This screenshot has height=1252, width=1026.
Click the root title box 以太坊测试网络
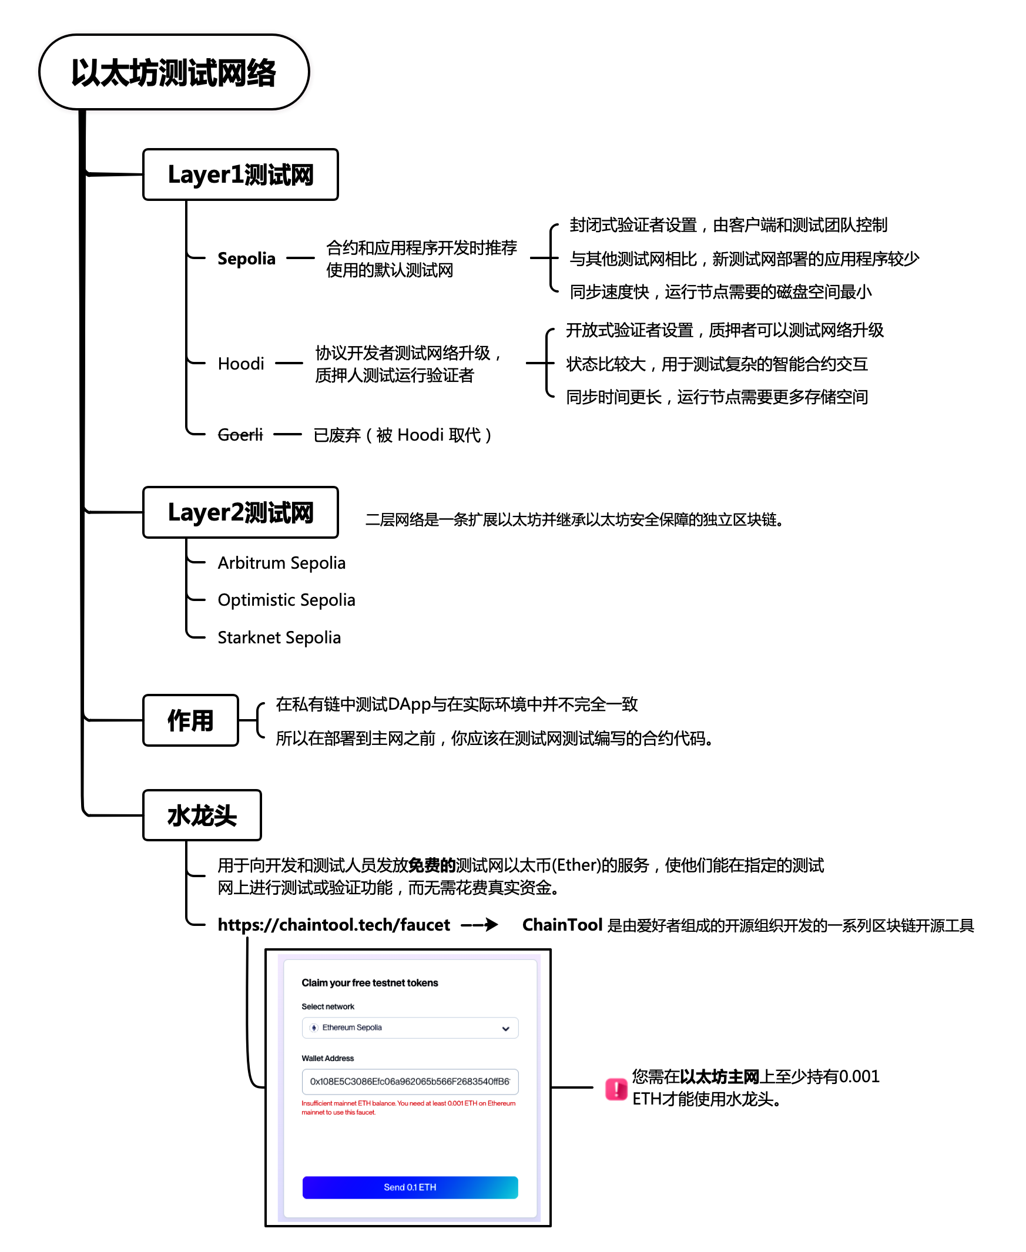174,72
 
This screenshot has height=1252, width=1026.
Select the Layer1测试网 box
240,175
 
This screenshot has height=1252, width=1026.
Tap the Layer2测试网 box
240,512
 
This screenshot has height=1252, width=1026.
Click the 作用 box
190,720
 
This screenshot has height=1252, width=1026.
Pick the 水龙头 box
202,815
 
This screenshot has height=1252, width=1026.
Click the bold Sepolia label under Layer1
246,258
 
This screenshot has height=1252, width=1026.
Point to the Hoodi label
240,363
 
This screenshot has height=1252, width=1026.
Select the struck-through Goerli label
240,435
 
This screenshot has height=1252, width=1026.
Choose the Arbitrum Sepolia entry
281,562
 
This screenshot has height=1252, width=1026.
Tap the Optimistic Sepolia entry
286,600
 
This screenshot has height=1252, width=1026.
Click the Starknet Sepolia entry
279,637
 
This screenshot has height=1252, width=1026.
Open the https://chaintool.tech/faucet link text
333,925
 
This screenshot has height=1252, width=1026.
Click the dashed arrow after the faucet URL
480,925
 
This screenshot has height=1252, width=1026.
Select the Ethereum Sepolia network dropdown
410,1028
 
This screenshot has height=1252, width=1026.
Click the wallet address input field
410,1081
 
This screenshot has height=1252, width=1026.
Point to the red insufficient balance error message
408,1107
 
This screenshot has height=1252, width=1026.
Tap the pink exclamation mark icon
616,1088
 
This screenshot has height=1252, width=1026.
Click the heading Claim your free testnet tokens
370,982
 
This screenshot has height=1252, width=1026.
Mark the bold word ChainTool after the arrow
562,925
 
